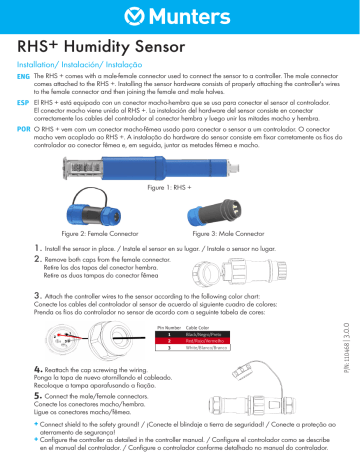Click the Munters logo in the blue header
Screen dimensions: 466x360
click(x=179, y=15)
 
